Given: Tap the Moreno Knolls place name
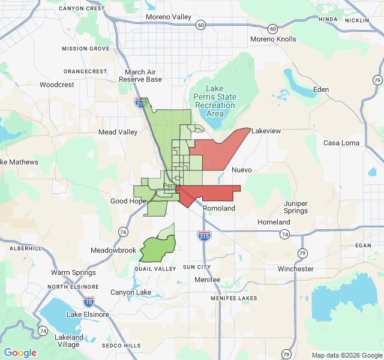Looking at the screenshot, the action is [273, 39].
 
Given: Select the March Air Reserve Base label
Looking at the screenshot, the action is [140, 76].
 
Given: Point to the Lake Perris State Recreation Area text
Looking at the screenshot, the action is [214, 101].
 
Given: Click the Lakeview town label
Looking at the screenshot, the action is [266, 131].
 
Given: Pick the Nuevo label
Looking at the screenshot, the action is [241, 170].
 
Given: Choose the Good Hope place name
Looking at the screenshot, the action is [127, 201].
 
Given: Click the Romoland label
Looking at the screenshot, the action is [218, 208].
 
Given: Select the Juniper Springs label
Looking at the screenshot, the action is [296, 207].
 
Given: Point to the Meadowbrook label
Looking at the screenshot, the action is [113, 250].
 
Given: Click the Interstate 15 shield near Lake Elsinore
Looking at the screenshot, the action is [89, 301].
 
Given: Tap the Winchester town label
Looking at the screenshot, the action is [296, 269].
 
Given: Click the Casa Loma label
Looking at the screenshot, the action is [341, 143].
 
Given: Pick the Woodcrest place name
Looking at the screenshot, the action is [57, 85].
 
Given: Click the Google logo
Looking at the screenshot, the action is [20, 353].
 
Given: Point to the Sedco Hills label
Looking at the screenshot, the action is [121, 346].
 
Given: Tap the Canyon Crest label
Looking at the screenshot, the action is [82, 8].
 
